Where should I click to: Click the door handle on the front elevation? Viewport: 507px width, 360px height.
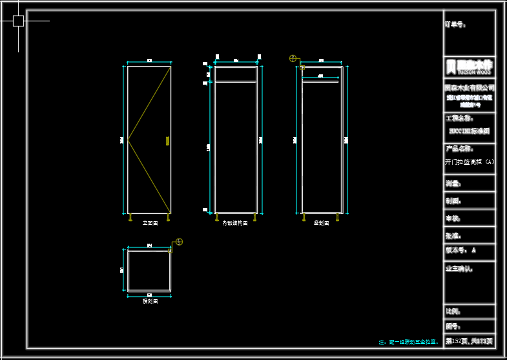pyautogui.click(x=167, y=140)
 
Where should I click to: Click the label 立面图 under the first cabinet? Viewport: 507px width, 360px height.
pyautogui.click(x=150, y=223)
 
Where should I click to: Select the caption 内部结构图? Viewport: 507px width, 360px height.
pyautogui.click(x=235, y=223)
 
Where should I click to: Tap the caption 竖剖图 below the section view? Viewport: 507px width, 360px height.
pyautogui.click(x=322, y=223)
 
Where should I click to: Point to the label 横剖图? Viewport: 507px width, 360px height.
pyautogui.click(x=150, y=301)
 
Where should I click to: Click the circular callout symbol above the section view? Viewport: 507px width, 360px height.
pyautogui.click(x=293, y=59)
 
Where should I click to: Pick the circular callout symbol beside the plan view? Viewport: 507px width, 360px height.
pyautogui.click(x=179, y=242)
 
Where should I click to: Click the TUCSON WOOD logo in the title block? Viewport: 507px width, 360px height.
pyautogui.click(x=470, y=66)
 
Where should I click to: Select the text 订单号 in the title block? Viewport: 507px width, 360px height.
pyautogui.click(x=455, y=25)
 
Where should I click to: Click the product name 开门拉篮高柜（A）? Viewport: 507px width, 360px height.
pyautogui.click(x=470, y=162)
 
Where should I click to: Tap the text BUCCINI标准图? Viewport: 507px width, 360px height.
pyautogui.click(x=470, y=131)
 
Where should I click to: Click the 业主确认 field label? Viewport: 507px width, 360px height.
pyautogui.click(x=459, y=268)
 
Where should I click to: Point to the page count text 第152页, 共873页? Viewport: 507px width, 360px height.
pyautogui.click(x=470, y=341)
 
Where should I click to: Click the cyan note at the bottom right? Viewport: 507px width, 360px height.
pyautogui.click(x=408, y=342)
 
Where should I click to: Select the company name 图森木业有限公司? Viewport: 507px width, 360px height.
pyautogui.click(x=470, y=87)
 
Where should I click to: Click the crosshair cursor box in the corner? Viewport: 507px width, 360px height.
pyautogui.click(x=18, y=21)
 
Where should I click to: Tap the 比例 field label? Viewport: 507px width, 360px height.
pyautogui.click(x=453, y=312)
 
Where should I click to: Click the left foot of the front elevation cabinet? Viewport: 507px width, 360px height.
pyautogui.click(x=131, y=217)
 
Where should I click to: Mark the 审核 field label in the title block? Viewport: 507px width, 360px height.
pyautogui.click(x=453, y=218)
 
